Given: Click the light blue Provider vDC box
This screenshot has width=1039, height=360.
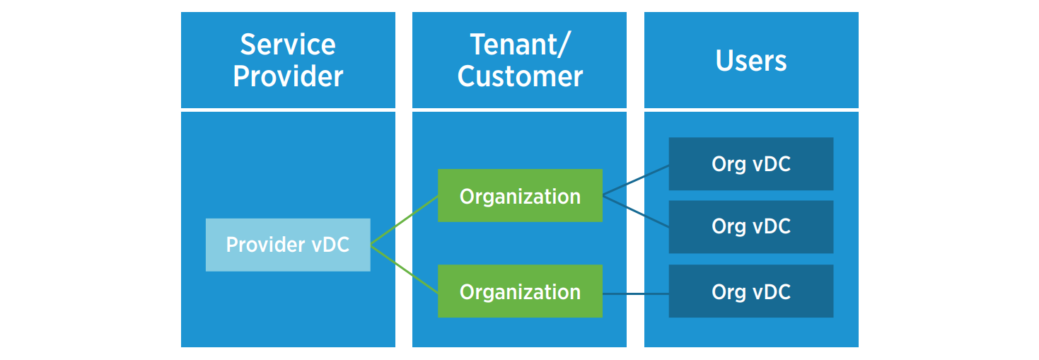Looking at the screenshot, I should [x=288, y=245].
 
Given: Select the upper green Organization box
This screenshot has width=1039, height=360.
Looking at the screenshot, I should [x=520, y=195].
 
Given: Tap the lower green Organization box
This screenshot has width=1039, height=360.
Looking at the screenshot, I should [x=520, y=291].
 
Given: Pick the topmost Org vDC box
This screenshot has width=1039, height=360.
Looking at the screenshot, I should [x=750, y=164].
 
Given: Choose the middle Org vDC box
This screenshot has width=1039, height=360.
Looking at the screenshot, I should [x=750, y=226].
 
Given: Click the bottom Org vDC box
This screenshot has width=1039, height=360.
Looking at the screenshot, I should [x=750, y=291].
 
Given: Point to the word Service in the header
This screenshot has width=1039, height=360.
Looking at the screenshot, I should [x=288, y=45].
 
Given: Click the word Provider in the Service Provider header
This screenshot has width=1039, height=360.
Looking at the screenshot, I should [x=288, y=76].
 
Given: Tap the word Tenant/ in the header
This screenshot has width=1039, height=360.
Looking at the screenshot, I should [x=520, y=45].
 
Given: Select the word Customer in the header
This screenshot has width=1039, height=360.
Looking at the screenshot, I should [x=520, y=76].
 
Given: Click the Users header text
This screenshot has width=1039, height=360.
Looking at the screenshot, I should [x=751, y=61].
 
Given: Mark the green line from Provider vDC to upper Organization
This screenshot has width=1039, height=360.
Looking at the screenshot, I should [x=404, y=220].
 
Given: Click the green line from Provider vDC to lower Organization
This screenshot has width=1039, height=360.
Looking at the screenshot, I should [x=404, y=268].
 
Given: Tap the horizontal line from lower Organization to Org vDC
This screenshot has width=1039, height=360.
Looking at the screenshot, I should [x=635, y=291].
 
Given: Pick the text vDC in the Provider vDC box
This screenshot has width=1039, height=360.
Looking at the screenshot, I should [x=330, y=245].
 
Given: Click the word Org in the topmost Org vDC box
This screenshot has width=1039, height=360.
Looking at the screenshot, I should [x=729, y=164].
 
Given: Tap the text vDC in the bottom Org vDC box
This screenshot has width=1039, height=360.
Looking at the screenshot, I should [x=770, y=291].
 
